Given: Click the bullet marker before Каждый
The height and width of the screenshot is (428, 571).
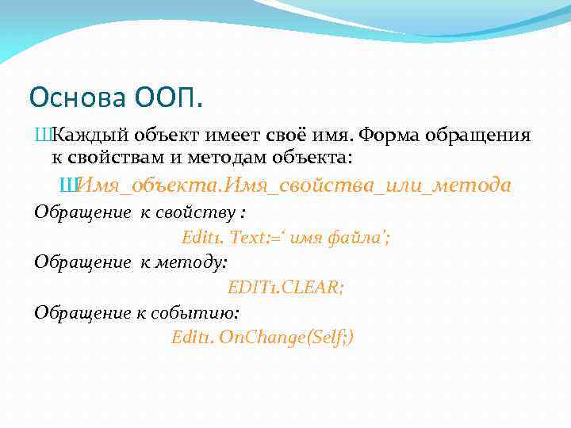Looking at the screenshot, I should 43,134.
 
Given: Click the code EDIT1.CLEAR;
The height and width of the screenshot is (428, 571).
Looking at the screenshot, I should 285,287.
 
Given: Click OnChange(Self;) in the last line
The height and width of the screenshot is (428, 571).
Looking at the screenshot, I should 286,338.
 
